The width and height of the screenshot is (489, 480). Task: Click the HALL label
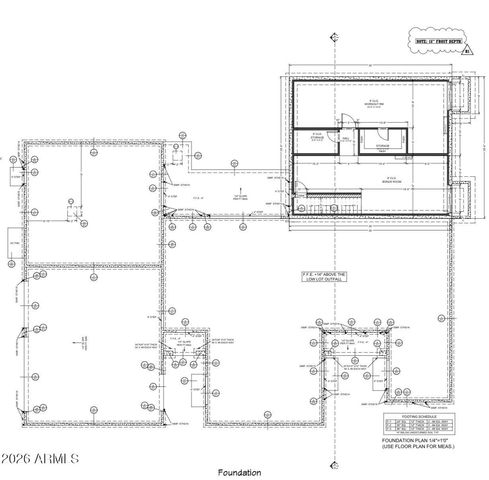(346, 140)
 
